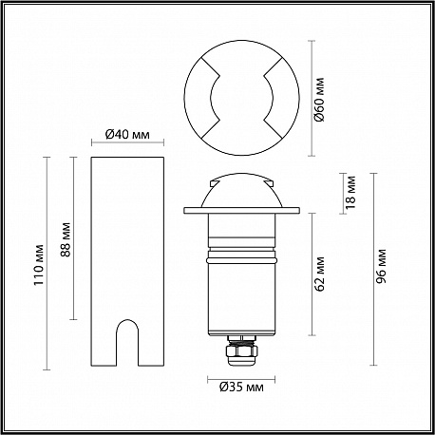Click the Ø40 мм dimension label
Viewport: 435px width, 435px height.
(127, 135)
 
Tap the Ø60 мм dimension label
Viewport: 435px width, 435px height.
(320, 99)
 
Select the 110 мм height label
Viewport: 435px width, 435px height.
(39, 265)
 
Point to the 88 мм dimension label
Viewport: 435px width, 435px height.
(66, 239)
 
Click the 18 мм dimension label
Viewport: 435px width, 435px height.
(350, 193)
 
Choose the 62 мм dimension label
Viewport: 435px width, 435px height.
(320, 274)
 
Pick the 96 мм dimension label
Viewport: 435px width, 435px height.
(382, 266)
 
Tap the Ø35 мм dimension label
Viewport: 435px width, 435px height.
(241, 387)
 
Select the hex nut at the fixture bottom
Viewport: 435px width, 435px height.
(241, 351)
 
